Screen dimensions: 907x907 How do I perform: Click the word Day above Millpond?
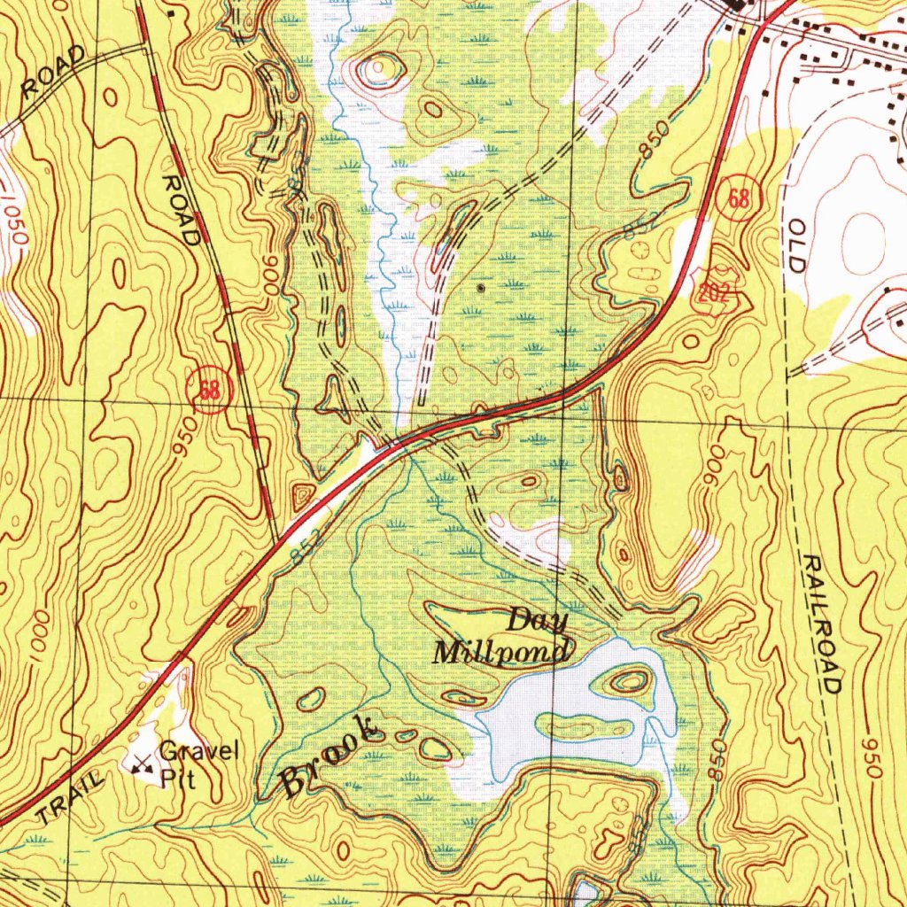click(538, 621)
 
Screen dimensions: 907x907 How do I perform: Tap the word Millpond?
click(500, 653)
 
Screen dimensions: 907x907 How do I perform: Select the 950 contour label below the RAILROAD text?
click(873, 758)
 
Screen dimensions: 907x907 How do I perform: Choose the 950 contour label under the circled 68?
click(183, 438)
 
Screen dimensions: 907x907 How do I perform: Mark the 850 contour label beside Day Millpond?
click(717, 760)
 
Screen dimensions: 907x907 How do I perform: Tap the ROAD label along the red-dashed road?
click(181, 209)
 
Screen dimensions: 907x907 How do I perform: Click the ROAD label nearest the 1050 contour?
click(53, 74)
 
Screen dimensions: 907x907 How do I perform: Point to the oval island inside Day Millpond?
click(629, 680)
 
